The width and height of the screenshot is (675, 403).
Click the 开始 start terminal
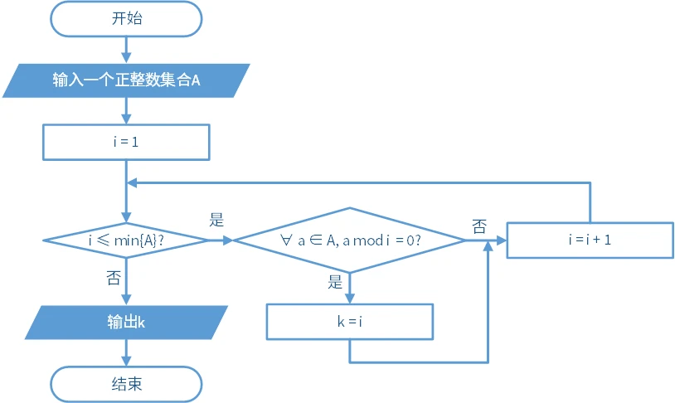(x=126, y=18)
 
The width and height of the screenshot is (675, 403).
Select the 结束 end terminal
(x=126, y=384)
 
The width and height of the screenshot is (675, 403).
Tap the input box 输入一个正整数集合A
(x=126, y=80)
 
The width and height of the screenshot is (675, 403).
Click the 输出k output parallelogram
(x=126, y=323)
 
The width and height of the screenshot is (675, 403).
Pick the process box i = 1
(x=126, y=142)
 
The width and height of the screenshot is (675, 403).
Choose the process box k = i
(x=349, y=322)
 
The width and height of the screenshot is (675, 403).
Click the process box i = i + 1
(x=590, y=240)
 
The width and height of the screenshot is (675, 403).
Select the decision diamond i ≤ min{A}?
(x=126, y=240)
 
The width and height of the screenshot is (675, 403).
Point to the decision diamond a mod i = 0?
(x=349, y=240)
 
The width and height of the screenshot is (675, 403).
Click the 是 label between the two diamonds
(x=217, y=221)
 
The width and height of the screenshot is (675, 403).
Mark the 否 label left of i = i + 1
(x=479, y=226)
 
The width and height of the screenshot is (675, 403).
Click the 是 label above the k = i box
(x=335, y=282)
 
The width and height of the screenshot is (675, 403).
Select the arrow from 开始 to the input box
(x=126, y=50)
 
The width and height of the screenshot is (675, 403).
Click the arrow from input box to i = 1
(x=126, y=110)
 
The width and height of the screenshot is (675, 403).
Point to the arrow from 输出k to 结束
(x=126, y=352)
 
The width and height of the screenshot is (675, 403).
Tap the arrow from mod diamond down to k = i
(x=349, y=288)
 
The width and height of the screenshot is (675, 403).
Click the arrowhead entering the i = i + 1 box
(x=502, y=240)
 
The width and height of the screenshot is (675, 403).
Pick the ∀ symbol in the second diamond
(x=285, y=240)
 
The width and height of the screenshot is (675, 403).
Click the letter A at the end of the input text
(x=196, y=80)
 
